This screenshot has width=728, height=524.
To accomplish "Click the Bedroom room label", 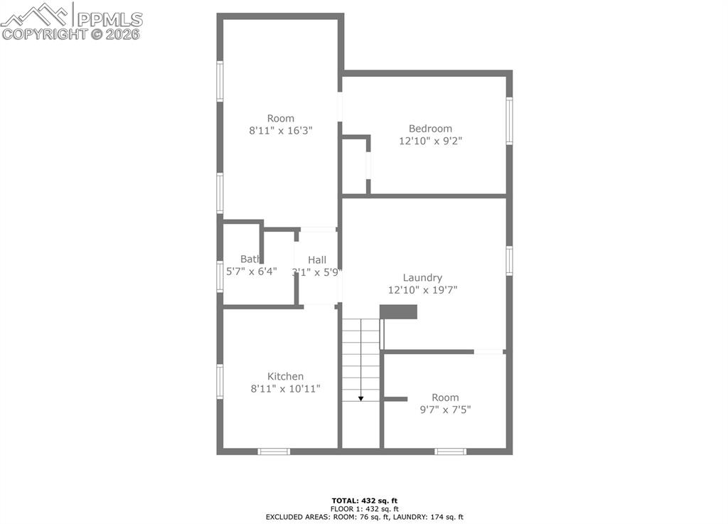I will click(430, 129).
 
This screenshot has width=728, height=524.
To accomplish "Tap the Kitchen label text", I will click(285, 376).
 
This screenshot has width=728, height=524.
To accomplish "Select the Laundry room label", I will click(422, 278).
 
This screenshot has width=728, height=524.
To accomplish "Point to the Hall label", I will click(317, 260).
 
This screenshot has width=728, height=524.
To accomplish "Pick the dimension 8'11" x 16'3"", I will click(281, 131).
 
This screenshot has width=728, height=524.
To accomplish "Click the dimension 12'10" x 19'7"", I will click(422, 290).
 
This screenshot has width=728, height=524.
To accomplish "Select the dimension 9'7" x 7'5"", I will click(445, 410).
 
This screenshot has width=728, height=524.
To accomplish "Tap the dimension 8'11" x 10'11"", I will click(285, 389).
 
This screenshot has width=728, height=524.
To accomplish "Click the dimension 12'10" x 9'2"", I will click(430, 141).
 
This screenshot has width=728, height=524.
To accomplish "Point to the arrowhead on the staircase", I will click(360, 398).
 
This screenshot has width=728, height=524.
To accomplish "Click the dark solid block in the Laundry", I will click(398, 312).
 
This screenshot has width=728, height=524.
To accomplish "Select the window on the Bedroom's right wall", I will click(509, 121).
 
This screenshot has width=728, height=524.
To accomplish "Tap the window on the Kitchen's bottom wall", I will click(274, 451).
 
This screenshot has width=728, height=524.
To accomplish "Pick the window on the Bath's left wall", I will click(220, 276).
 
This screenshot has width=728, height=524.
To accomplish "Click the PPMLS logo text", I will click(109, 18).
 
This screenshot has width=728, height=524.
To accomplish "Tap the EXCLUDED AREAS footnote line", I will click(364, 517).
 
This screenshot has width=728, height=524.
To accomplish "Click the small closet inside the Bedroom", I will click(354, 166).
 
